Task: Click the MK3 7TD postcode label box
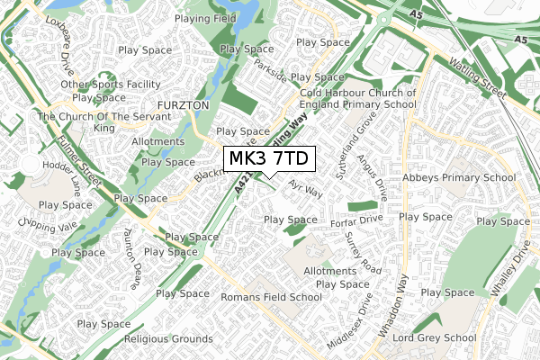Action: tap(269, 158)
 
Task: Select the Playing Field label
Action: tap(206, 18)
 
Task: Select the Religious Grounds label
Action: tap(169, 339)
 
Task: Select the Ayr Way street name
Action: tap(306, 192)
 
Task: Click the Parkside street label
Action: tap(270, 69)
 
